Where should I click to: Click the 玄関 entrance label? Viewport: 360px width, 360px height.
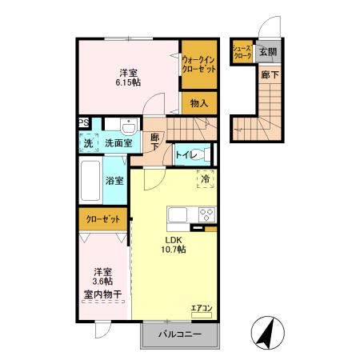tap(267, 52)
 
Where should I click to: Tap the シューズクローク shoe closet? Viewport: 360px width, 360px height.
tap(242, 52)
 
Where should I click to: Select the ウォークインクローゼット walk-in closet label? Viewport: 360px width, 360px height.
tap(199, 64)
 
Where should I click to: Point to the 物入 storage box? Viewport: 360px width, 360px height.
tap(199, 102)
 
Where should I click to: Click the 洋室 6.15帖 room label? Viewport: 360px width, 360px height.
tap(125, 75)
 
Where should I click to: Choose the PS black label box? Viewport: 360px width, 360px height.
tap(83, 122)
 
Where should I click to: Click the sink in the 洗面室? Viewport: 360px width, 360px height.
tap(128, 126)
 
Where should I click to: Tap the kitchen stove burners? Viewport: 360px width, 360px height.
tap(206, 214)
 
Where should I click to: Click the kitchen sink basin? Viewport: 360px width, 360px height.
tap(177, 214)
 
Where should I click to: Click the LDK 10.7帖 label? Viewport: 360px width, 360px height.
tap(175, 245)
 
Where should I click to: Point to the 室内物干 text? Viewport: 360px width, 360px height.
tap(102, 294)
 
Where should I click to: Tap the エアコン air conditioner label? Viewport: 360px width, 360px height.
tap(201, 307)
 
